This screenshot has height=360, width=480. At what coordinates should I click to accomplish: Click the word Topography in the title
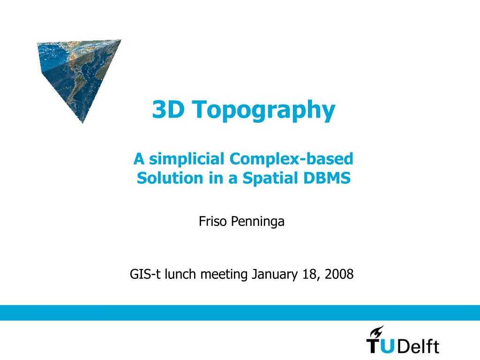pyautogui.click(x=263, y=110)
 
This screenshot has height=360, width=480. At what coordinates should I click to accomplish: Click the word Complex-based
pyautogui.click(x=291, y=158)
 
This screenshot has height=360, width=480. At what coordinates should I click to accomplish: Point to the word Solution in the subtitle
pyautogui.click(x=170, y=178)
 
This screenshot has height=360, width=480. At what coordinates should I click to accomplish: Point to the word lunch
pyautogui.click(x=180, y=274)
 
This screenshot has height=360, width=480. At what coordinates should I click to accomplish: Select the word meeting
pyautogui.click(x=224, y=275)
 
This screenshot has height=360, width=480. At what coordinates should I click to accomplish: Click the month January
pyautogui.click(x=274, y=275)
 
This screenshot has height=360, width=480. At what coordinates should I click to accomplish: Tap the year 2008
pyautogui.click(x=339, y=274)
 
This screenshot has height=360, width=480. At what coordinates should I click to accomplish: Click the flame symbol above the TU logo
pyautogui.click(x=377, y=331)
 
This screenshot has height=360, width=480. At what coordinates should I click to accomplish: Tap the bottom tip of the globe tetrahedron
pyautogui.click(x=82, y=123)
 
